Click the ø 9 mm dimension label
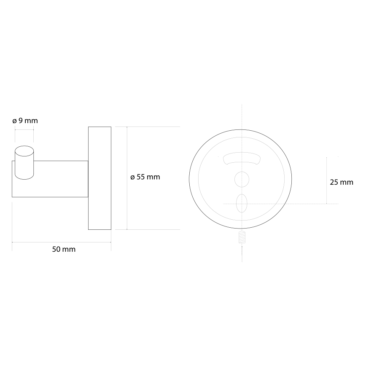(25, 121)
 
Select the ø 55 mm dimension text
(145, 177)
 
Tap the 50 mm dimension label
(64, 249)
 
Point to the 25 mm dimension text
(341, 183)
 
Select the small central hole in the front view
(242, 179)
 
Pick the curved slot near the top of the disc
(242, 158)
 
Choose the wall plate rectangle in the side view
(100, 178)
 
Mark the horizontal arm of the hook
(61, 178)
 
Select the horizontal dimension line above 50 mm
(62, 242)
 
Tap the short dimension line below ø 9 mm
(24, 130)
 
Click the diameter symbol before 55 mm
(132, 177)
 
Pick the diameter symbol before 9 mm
(14, 121)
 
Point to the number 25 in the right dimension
(334, 183)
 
